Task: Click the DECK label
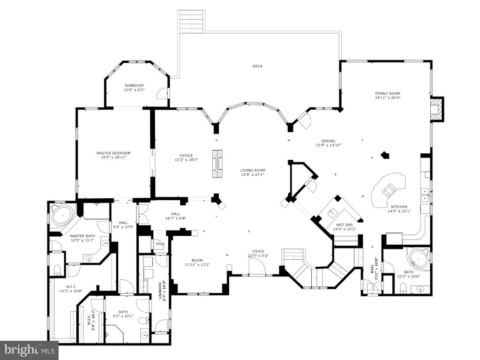pos(257,67)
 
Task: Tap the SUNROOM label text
pos(134,85)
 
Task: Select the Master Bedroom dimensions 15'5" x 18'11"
pos(113,157)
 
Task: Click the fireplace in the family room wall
pos(437,109)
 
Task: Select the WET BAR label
pos(344,225)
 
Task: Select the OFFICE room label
pos(186,156)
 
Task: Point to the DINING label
pos(328,141)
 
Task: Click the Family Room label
pos(387,93)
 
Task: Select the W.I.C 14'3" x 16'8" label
pos(71,286)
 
